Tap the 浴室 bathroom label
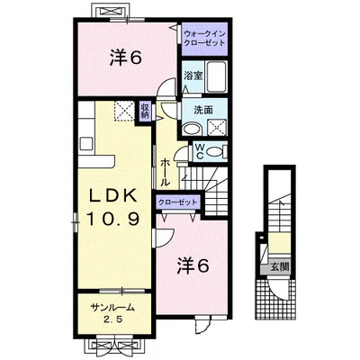[x=190, y=76]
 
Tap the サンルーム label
[x=112, y=309]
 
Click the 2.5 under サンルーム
[x=112, y=320]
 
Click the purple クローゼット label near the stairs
[x=180, y=201]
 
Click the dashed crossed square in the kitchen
[x=123, y=112]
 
